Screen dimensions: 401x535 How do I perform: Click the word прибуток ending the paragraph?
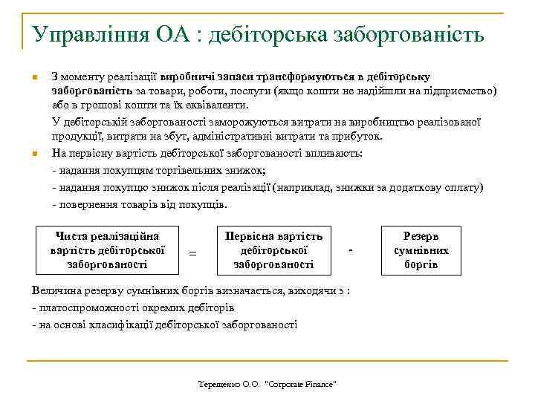click(339, 137)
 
